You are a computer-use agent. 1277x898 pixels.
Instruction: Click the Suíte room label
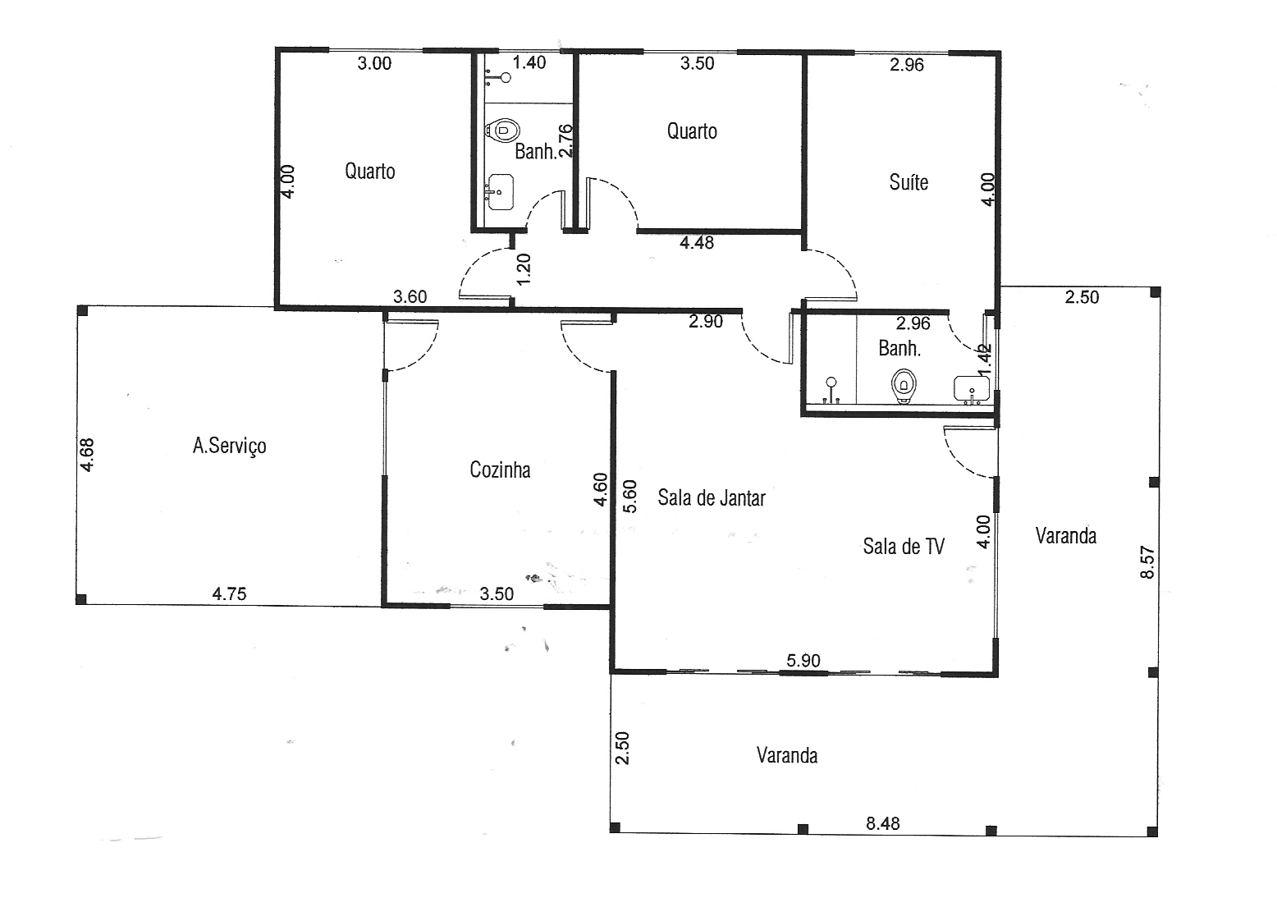(909, 182)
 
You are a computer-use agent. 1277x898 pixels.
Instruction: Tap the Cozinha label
(500, 470)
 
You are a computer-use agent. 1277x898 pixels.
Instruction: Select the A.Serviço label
(229, 446)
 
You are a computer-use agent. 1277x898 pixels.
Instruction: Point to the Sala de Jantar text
(712, 497)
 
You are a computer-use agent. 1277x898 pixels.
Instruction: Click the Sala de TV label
(904, 546)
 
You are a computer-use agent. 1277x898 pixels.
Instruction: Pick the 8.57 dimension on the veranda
(1147, 562)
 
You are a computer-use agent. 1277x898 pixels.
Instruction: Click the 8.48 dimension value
(883, 823)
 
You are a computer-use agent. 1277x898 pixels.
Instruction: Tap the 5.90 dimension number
(803, 660)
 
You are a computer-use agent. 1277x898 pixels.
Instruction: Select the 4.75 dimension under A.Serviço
(229, 593)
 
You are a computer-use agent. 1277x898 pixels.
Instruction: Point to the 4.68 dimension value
(87, 455)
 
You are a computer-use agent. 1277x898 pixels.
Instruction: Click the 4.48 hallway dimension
(697, 242)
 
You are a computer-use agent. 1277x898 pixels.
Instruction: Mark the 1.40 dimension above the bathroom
(529, 62)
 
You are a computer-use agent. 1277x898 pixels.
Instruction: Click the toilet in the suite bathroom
(904, 386)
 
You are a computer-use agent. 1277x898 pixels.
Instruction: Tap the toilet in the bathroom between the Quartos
(503, 131)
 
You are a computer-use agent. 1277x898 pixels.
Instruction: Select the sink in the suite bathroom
(972, 389)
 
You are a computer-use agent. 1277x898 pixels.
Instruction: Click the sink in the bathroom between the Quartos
(500, 192)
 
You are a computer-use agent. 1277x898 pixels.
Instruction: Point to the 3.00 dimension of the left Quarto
(374, 63)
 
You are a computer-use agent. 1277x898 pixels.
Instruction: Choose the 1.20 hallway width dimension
(524, 268)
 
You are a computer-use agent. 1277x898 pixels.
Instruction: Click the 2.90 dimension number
(706, 322)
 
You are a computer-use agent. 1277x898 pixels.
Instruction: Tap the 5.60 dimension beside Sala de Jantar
(629, 496)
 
